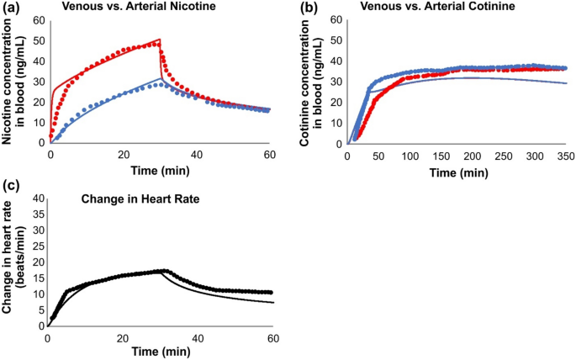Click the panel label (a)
pyautogui.click(x=11, y=8)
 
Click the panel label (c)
pyautogui.click(x=11, y=184)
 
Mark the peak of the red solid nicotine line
pyautogui.click(x=160, y=40)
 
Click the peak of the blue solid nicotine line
pyautogui.click(x=161, y=78)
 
